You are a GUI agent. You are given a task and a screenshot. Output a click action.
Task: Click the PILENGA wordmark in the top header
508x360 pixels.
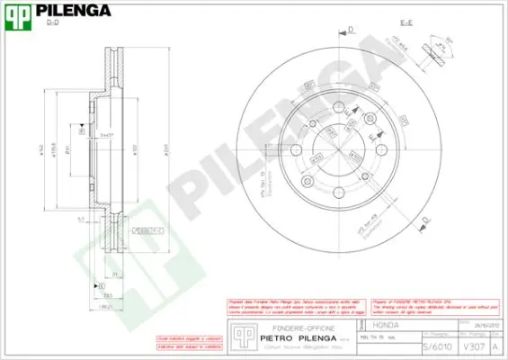click(73, 11)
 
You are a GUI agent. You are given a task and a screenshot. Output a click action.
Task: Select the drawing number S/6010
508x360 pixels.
click(435, 345)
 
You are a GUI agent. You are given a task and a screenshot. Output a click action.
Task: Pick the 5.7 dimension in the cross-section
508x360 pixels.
click(81, 218)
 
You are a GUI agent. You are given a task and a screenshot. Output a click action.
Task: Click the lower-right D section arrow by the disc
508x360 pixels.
click(425, 219)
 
